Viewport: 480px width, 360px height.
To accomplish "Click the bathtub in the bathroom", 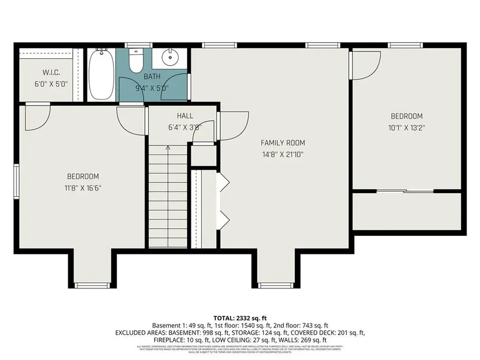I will coord(100,74).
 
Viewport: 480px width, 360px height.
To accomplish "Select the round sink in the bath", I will coord(170,57).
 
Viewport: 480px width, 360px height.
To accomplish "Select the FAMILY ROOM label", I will coord(283,143).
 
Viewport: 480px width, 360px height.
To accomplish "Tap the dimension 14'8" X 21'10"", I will coord(283,154).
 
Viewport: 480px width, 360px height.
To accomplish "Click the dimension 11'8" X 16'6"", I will coord(83,188).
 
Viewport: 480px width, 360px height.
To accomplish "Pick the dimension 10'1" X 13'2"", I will coord(406,127).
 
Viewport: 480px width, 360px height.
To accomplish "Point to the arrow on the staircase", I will coord(168,149).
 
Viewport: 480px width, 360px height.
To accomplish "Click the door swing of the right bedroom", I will coord(364,65).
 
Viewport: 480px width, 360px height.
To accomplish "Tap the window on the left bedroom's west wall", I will coord(16,181).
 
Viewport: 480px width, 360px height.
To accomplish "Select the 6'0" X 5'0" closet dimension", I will coord(51,84).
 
